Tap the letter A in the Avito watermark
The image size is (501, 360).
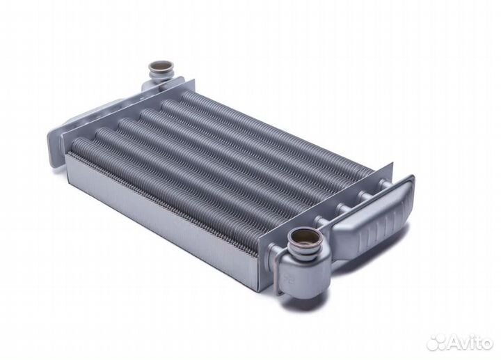point(456,342)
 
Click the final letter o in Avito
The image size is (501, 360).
point(486,343)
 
